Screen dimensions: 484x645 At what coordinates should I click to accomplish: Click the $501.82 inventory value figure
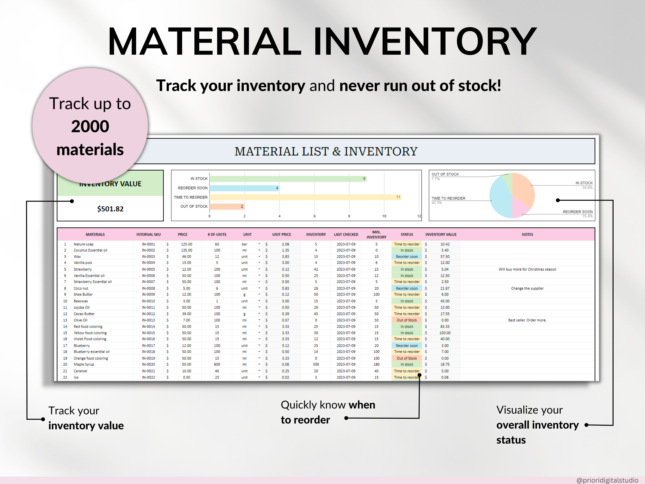coord(110,209)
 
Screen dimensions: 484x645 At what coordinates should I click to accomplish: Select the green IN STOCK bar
coord(287,179)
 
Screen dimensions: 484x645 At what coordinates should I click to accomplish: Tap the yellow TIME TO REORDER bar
coord(305,197)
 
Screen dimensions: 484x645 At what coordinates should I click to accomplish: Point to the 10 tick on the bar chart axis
coord(384,216)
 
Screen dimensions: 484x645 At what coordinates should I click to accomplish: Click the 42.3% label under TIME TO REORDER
coord(437,203)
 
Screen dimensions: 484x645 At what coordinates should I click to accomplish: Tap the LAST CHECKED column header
coord(346,234)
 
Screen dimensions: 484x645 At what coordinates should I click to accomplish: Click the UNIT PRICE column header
coord(281,234)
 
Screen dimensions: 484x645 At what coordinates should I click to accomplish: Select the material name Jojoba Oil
coord(82,308)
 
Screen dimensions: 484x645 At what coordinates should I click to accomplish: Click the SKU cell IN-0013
coord(148,320)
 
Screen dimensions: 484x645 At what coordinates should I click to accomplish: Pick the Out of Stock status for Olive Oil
coord(407,320)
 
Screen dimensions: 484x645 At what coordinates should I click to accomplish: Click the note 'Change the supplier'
coord(527,288)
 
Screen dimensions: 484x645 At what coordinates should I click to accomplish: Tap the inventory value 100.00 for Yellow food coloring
coord(445,333)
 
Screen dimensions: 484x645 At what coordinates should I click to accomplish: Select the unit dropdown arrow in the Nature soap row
coord(259,244)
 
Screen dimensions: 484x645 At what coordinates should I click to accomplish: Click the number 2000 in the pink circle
coord(90,126)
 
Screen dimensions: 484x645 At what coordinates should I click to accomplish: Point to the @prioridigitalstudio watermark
coord(607,480)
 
